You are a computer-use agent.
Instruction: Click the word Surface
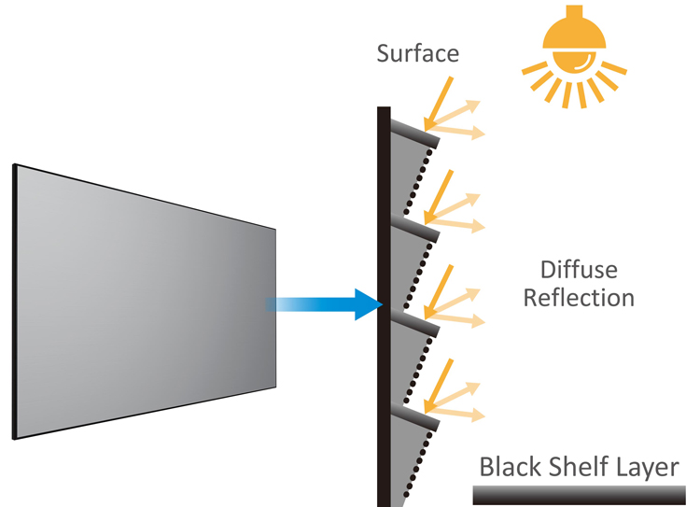click(417, 53)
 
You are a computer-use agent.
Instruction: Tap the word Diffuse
click(579, 272)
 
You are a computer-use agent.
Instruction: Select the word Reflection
click(579, 299)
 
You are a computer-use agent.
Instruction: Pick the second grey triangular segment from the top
click(403, 257)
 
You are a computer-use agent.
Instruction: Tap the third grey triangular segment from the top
click(403, 350)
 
